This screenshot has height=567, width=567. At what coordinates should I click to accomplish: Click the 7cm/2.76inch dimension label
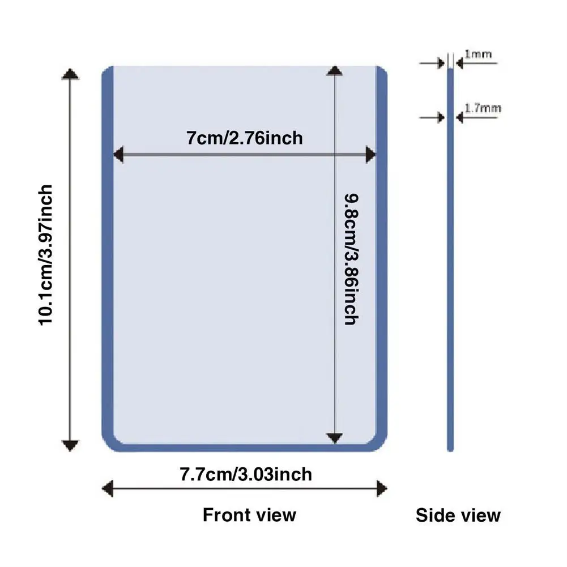pyautogui.click(x=245, y=138)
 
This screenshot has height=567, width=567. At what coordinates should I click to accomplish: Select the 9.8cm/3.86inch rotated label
pyautogui.click(x=351, y=259)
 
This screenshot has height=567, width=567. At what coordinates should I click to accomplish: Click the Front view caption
pyautogui.click(x=249, y=515)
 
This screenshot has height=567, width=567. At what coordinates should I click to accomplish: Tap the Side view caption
pyautogui.click(x=458, y=515)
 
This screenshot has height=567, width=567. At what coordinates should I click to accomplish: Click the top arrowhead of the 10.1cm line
pyautogui.click(x=70, y=74)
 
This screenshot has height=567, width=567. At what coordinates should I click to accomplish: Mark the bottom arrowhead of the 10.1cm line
pyautogui.click(x=70, y=445)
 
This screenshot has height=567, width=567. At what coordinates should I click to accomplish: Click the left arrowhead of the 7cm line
pyautogui.click(x=118, y=155)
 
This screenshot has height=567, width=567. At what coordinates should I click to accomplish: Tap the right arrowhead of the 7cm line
pyautogui.click(x=371, y=155)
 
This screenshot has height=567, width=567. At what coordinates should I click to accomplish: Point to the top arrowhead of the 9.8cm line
pyautogui.click(x=335, y=71)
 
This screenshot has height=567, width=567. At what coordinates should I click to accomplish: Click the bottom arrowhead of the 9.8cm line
pyautogui.click(x=335, y=438)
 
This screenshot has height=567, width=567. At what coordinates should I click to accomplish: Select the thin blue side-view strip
pyautogui.click(x=451, y=283)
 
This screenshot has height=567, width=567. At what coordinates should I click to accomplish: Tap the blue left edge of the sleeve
pyautogui.click(x=108, y=255)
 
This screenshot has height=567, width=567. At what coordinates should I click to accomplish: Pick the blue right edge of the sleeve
pyautogui.click(x=382, y=255)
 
